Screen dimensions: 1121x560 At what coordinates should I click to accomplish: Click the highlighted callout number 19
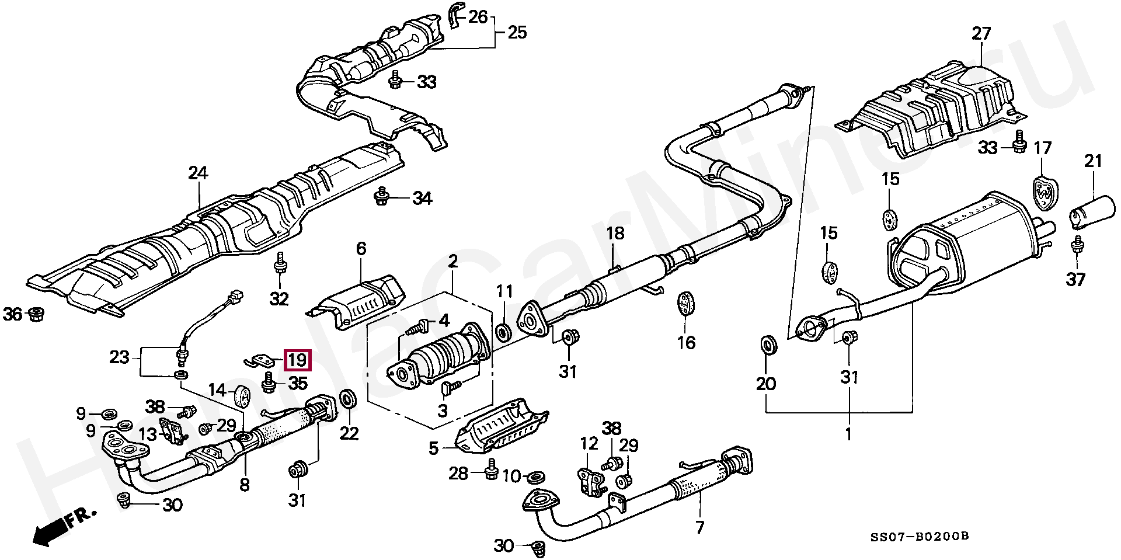tap(297, 360)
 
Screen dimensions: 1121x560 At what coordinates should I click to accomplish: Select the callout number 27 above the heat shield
tap(981, 34)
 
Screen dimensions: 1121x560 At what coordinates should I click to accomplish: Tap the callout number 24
tap(198, 173)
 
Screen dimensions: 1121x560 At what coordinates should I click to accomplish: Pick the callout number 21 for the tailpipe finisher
tap(1092, 161)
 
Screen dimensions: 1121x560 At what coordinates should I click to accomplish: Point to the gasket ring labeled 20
tap(769, 345)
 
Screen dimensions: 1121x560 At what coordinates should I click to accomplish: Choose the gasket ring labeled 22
tap(350, 399)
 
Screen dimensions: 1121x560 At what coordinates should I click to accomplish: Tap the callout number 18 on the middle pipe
tap(615, 234)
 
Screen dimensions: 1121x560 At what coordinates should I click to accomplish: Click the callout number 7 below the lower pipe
tap(699, 528)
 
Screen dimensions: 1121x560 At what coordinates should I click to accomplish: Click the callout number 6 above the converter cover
tap(361, 249)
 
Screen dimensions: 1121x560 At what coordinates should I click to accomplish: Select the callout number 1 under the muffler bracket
tap(848, 434)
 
